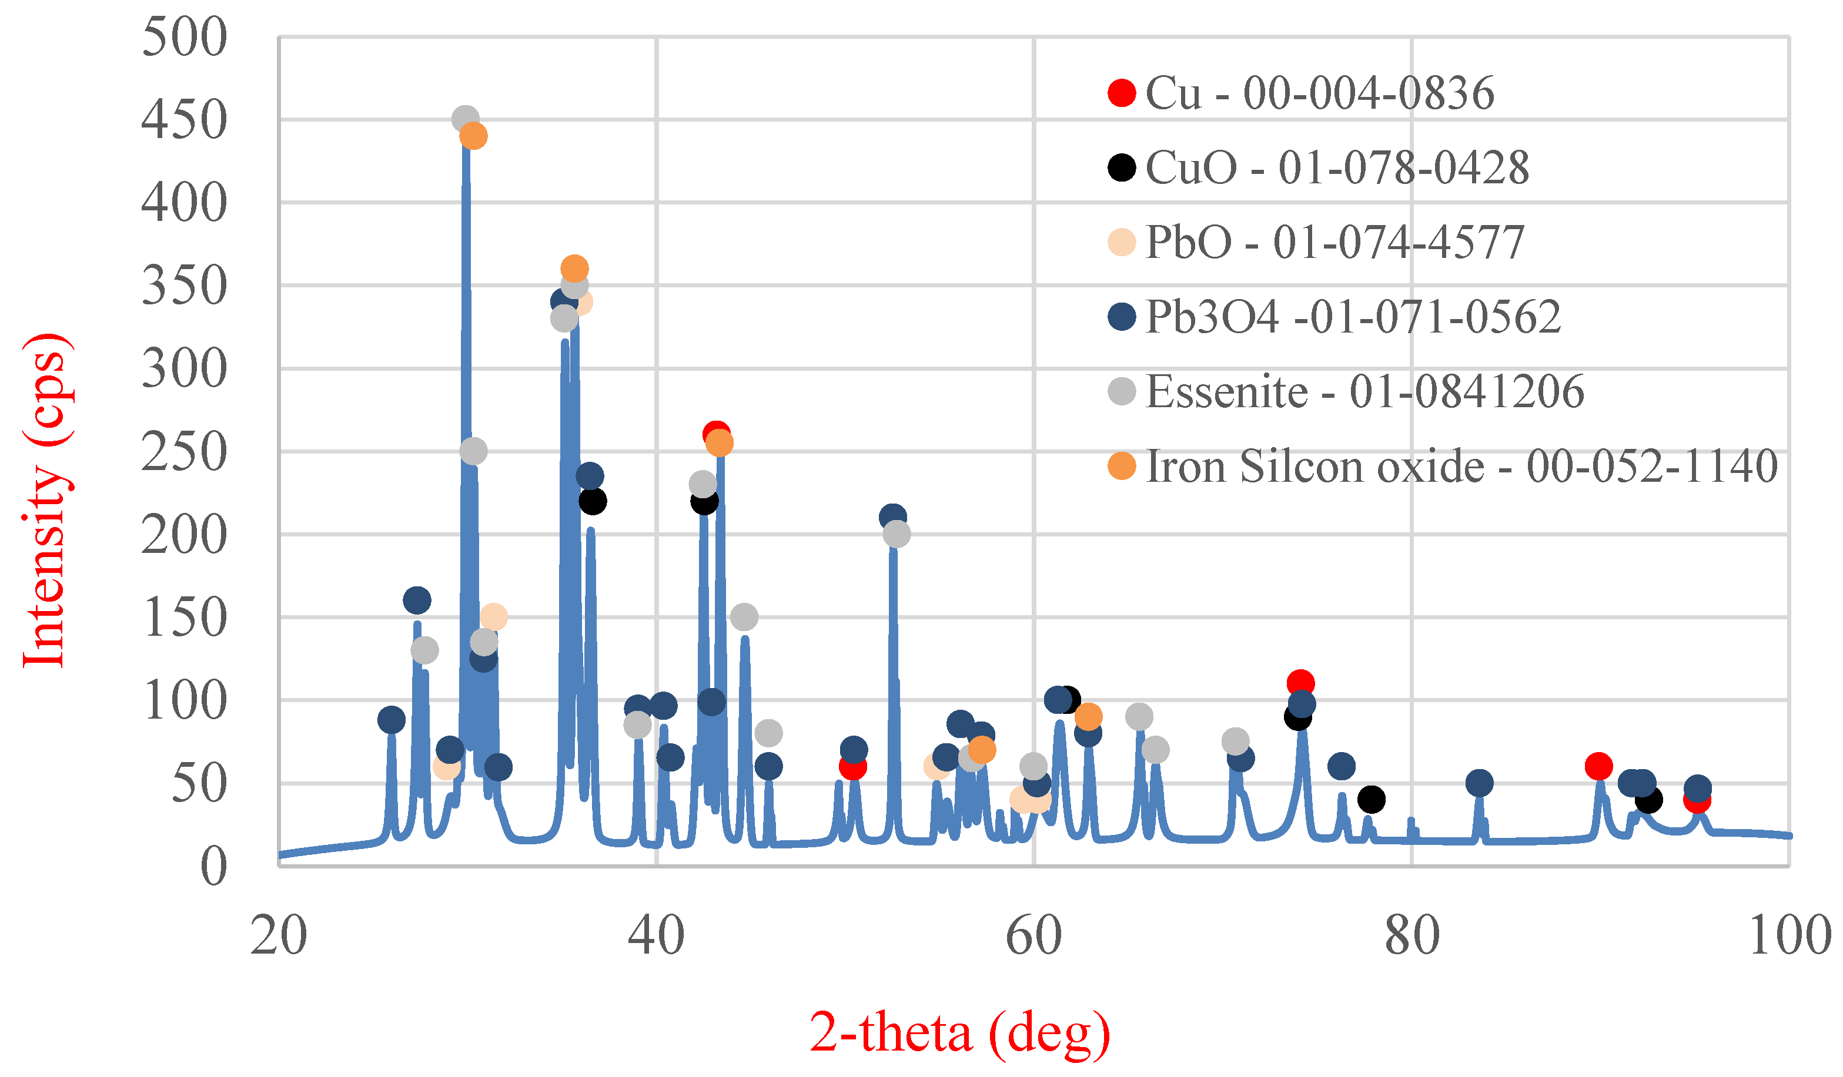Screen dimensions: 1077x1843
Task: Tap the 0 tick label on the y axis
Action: click(213, 867)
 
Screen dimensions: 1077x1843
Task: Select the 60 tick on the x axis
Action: click(1033, 936)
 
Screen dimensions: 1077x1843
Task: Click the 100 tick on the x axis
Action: click(1789, 936)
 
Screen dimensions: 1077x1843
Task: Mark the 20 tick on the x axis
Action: click(279, 936)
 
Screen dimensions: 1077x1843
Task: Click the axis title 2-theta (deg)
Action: click(960, 1032)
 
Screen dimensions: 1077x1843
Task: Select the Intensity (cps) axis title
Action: click(45, 501)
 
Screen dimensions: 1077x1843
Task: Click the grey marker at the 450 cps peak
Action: click(465, 119)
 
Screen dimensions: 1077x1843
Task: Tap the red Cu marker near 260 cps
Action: click(715, 434)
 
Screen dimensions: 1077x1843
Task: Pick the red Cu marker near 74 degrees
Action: click(1300, 684)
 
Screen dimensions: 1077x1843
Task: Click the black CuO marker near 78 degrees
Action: click(1370, 799)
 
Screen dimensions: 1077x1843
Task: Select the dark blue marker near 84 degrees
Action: click(1479, 783)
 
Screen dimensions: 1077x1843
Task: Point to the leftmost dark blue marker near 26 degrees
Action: click(392, 719)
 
